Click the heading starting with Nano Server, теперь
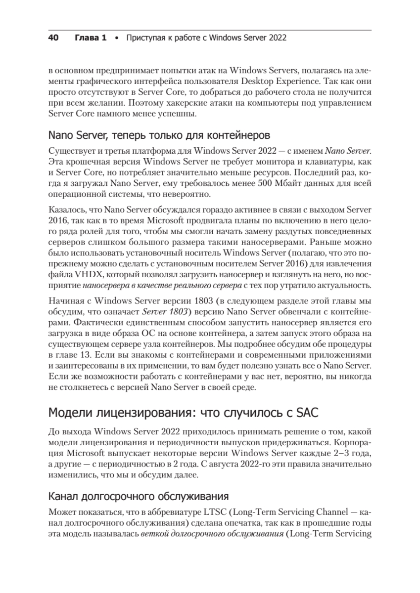(x=159, y=134)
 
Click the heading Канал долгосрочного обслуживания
(x=138, y=496)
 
